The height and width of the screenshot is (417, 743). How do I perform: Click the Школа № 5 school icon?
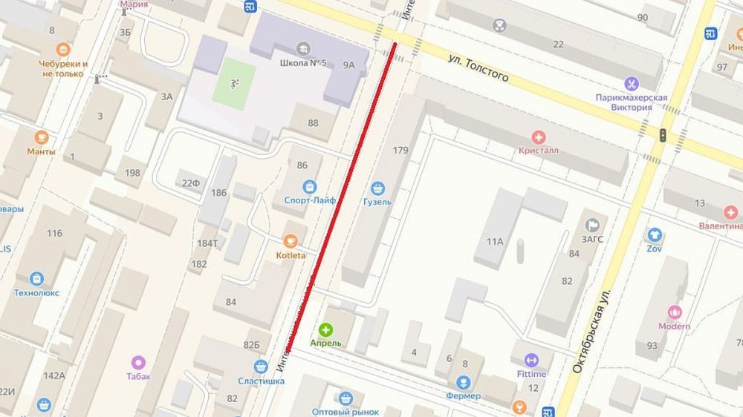point(303,49)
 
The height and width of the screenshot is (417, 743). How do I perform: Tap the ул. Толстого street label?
point(480,68)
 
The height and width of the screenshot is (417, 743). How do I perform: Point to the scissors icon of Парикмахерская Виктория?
point(632,83)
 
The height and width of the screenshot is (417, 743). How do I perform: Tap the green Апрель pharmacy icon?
point(325,329)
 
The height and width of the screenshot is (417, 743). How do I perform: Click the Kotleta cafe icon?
point(291,240)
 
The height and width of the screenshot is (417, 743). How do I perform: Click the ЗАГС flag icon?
point(592,224)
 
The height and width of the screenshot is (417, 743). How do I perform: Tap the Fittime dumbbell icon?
point(531,360)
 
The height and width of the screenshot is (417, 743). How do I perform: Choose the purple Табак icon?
point(138,362)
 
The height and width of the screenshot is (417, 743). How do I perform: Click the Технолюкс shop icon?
point(37,278)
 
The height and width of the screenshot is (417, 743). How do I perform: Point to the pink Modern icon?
point(675,312)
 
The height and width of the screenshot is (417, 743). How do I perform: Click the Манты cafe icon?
point(42,137)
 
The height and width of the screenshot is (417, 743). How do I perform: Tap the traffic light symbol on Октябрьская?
point(662,134)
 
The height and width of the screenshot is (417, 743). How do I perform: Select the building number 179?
point(400,151)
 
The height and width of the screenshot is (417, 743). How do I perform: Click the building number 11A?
point(495,241)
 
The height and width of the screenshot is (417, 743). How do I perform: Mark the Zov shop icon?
point(654,234)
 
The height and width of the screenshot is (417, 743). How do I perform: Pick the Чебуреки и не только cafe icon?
point(64,50)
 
